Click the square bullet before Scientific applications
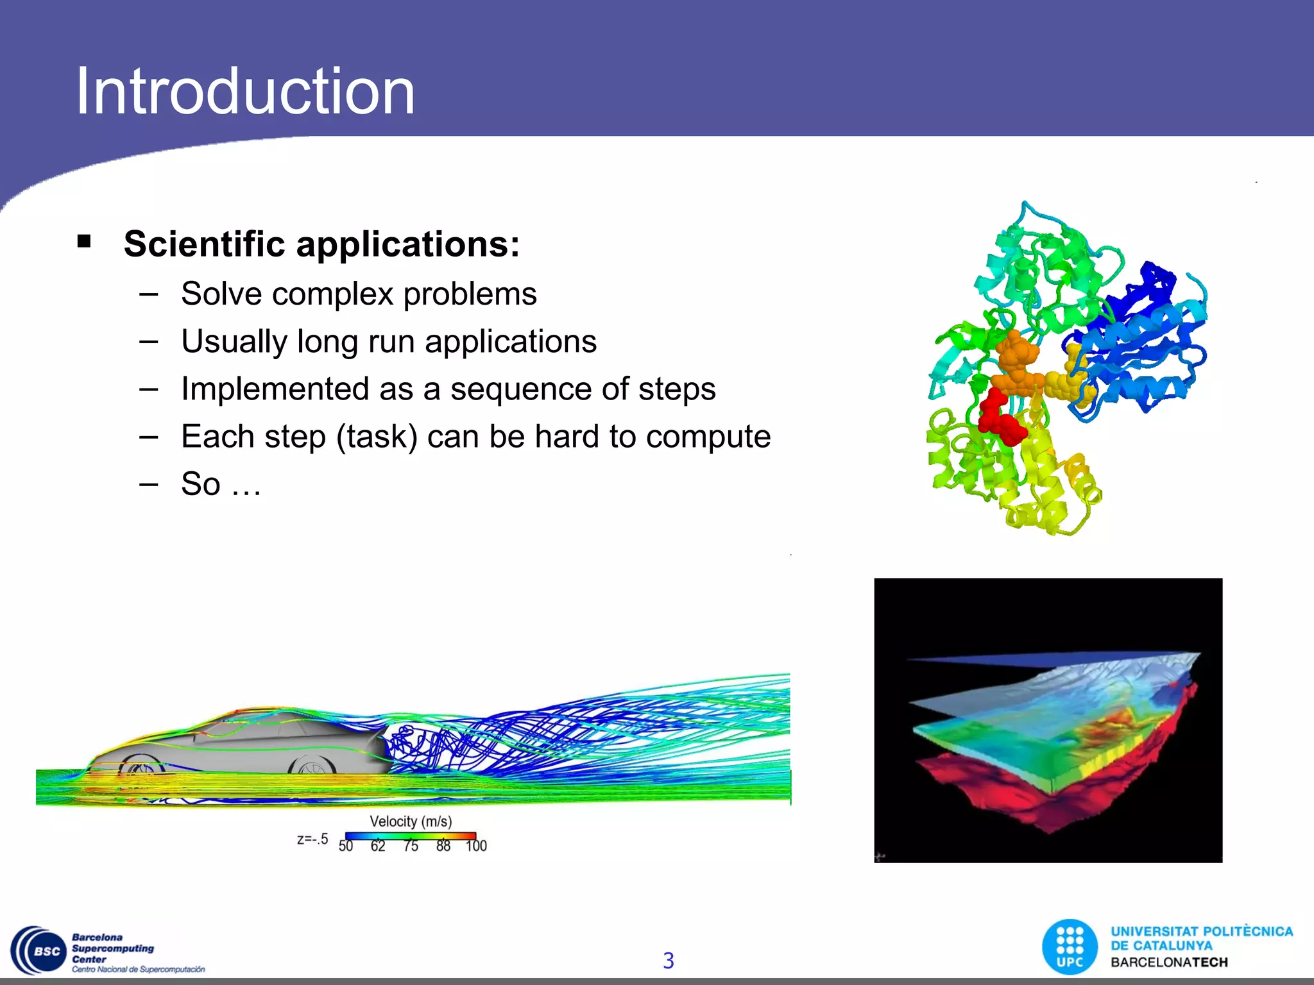(x=84, y=242)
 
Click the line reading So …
(x=221, y=484)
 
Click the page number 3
(x=668, y=960)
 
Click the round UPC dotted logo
(x=1070, y=947)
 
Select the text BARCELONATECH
(x=1169, y=962)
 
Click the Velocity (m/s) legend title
(x=411, y=821)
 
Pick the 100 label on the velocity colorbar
(x=476, y=846)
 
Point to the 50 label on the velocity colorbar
(x=346, y=846)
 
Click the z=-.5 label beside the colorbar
(x=312, y=839)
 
